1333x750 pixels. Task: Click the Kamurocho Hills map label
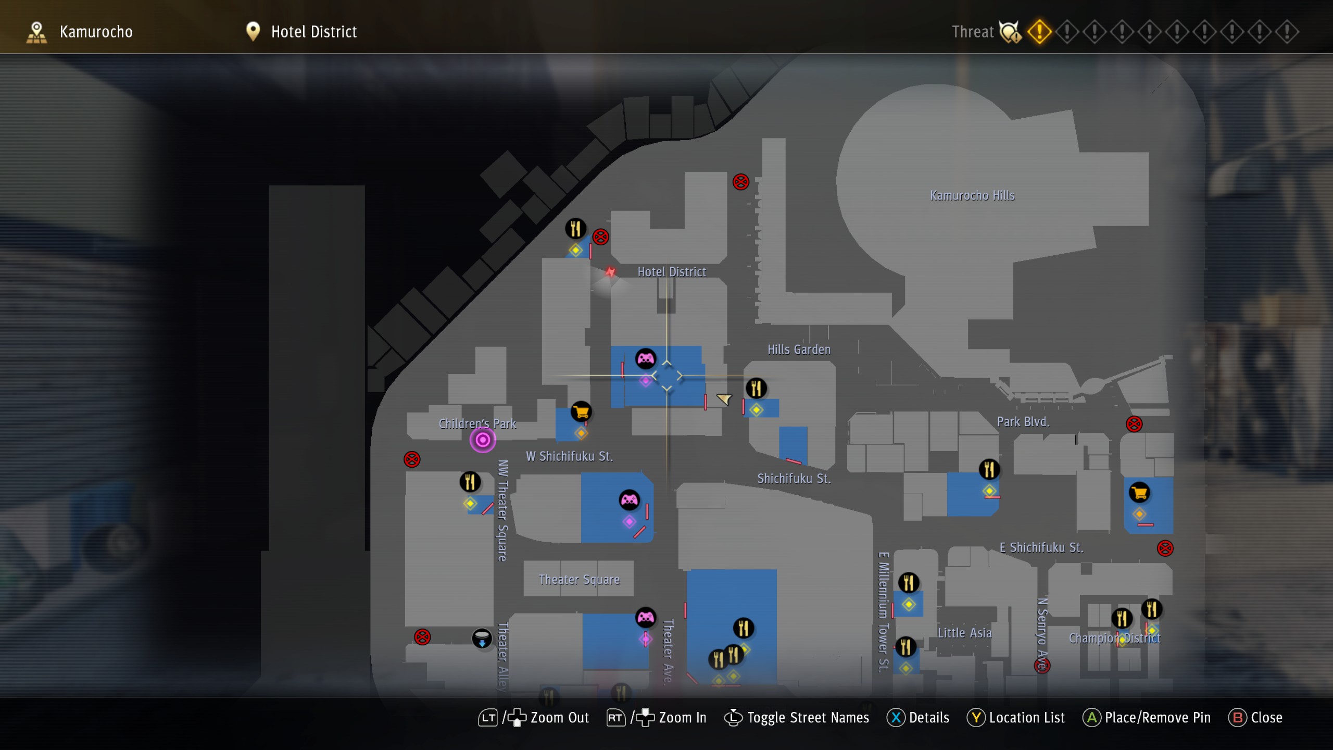pyautogui.click(x=972, y=196)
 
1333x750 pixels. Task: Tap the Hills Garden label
pyautogui.click(x=799, y=349)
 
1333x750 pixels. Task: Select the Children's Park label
pyautogui.click(x=477, y=423)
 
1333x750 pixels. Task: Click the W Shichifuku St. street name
pyautogui.click(x=569, y=456)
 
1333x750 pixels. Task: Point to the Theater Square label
pyautogui.click(x=579, y=579)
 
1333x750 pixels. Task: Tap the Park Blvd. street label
pyautogui.click(x=1023, y=421)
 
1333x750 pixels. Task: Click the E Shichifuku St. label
pyautogui.click(x=1041, y=547)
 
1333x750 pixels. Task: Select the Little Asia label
pyautogui.click(x=964, y=633)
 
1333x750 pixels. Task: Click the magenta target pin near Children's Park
pyautogui.click(x=483, y=440)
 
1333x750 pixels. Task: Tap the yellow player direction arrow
pyautogui.click(x=724, y=399)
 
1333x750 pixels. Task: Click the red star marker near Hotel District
pyautogui.click(x=610, y=272)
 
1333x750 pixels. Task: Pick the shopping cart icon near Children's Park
pyautogui.click(x=581, y=412)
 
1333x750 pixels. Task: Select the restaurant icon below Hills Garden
pyautogui.click(x=756, y=388)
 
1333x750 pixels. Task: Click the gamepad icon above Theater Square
pyautogui.click(x=629, y=500)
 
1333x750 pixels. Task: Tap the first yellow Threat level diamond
pyautogui.click(x=1039, y=32)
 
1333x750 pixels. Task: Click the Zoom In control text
pyautogui.click(x=682, y=718)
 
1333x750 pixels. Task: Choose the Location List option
pyautogui.click(x=1026, y=718)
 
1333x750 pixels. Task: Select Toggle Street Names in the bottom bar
pyautogui.click(x=808, y=718)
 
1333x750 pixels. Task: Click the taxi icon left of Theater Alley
pyautogui.click(x=482, y=638)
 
